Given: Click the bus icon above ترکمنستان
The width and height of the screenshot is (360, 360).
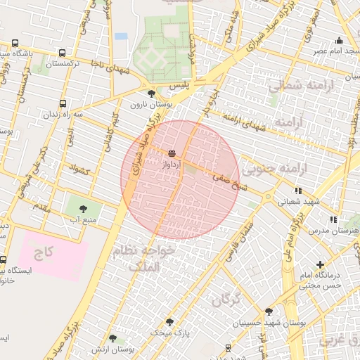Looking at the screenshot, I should pyautogui.click(x=63, y=53).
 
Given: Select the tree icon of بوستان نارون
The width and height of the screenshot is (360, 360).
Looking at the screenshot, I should pyautogui.click(x=151, y=94).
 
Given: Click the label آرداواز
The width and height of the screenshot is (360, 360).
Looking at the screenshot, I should pyautogui.click(x=172, y=162).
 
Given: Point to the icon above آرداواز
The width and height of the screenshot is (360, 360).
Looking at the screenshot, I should pyautogui.click(x=172, y=153).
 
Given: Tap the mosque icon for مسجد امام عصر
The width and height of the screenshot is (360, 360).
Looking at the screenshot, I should pyautogui.click(x=340, y=40).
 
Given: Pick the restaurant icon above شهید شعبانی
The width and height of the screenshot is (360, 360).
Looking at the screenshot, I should pyautogui.click(x=298, y=190).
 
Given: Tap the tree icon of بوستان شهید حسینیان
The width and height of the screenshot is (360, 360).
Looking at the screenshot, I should pyautogui.click(x=269, y=311).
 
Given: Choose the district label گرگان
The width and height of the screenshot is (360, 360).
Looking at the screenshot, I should pyautogui.click(x=225, y=300).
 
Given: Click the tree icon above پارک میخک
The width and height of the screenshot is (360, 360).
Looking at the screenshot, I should pyautogui.click(x=169, y=321).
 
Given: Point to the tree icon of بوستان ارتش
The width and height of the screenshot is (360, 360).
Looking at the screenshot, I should pyautogui.click(x=112, y=339).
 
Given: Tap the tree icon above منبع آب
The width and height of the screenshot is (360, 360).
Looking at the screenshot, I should pyautogui.click(x=84, y=208).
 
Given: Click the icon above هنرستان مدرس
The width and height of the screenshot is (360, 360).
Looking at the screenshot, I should pyautogui.click(x=333, y=219).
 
